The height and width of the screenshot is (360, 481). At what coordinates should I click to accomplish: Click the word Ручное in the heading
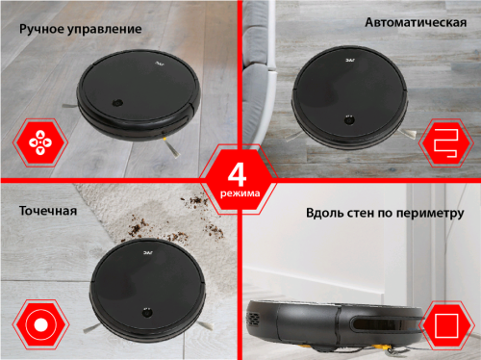click(42, 29)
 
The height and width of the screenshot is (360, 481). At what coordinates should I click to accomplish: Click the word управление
click(105, 30)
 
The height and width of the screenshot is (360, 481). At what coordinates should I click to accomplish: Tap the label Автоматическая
click(416, 22)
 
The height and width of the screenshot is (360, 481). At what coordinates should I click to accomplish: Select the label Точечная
click(48, 211)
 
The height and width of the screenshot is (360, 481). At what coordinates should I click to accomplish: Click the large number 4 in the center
click(237, 175)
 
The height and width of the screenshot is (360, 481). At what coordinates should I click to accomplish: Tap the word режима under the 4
click(240, 193)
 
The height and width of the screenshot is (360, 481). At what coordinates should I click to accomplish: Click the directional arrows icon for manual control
click(40, 142)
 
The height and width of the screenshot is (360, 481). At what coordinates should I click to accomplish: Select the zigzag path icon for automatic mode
click(445, 143)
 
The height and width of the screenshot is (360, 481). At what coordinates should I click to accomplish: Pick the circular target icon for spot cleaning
click(40, 324)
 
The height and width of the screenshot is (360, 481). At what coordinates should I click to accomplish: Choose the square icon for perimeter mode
click(446, 325)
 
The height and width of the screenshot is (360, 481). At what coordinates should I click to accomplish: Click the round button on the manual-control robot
click(117, 103)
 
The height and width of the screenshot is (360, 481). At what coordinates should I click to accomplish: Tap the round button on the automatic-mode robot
click(349, 120)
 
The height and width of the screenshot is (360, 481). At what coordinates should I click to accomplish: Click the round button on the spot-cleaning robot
click(147, 313)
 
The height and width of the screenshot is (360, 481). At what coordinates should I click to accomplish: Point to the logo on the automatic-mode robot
click(350, 60)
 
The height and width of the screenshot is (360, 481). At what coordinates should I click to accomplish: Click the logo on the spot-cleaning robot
click(148, 253)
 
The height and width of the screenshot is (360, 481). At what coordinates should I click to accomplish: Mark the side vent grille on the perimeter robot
click(253, 320)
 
